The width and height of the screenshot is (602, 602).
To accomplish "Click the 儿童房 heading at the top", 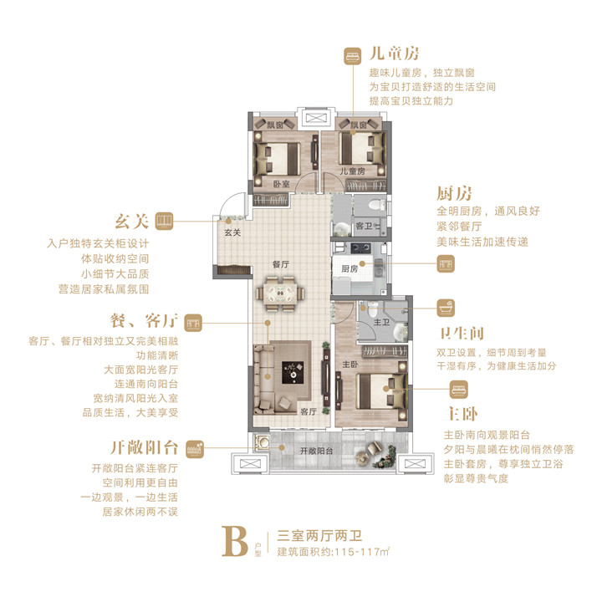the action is click(394, 54).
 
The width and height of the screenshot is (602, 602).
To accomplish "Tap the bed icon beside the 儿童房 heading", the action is click(352, 56).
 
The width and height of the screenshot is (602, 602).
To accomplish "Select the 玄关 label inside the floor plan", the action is click(232, 232).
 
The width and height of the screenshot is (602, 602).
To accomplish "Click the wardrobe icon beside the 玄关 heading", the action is click(165, 221).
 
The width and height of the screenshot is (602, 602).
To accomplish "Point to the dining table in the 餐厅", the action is click(280, 293).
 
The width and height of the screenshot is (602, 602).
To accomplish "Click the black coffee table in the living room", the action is click(293, 372).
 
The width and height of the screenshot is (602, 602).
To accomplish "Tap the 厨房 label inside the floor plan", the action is click(349, 268).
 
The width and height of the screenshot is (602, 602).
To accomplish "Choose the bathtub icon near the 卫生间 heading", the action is click(446, 309).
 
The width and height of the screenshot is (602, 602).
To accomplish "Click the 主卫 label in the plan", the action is click(381, 322).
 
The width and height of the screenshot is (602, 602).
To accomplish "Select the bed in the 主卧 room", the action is click(381, 390).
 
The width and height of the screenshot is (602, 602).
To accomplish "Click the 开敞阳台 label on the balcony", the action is click(316, 451).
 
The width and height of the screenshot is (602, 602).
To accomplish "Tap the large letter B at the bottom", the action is click(235, 541).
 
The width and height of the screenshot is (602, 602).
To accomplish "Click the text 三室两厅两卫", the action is click(319, 536).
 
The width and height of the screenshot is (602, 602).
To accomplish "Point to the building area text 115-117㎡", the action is click(362, 552).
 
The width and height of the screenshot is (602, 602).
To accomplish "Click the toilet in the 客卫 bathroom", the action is click(378, 205).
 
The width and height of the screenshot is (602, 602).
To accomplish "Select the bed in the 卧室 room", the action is click(278, 158).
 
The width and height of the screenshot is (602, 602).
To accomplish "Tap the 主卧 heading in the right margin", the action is click(461, 414).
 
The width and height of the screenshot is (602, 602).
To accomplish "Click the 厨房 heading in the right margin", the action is click(454, 194).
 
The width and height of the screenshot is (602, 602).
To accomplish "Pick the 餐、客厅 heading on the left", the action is click(144, 321).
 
